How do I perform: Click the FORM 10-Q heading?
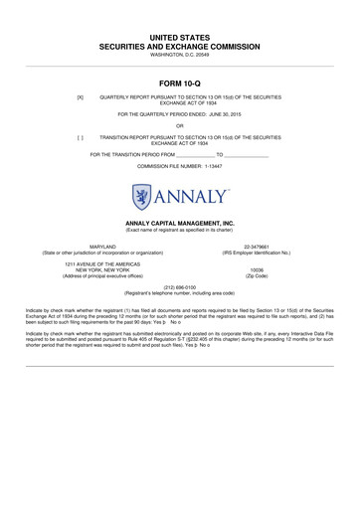pyautogui.click(x=180, y=82)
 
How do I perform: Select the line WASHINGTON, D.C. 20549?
pyautogui.click(x=180, y=54)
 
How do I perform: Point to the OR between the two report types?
pyautogui.click(x=180, y=125)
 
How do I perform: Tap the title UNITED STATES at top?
pyautogui.click(x=180, y=36)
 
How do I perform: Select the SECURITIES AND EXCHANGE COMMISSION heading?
pyautogui.click(x=180, y=46)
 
